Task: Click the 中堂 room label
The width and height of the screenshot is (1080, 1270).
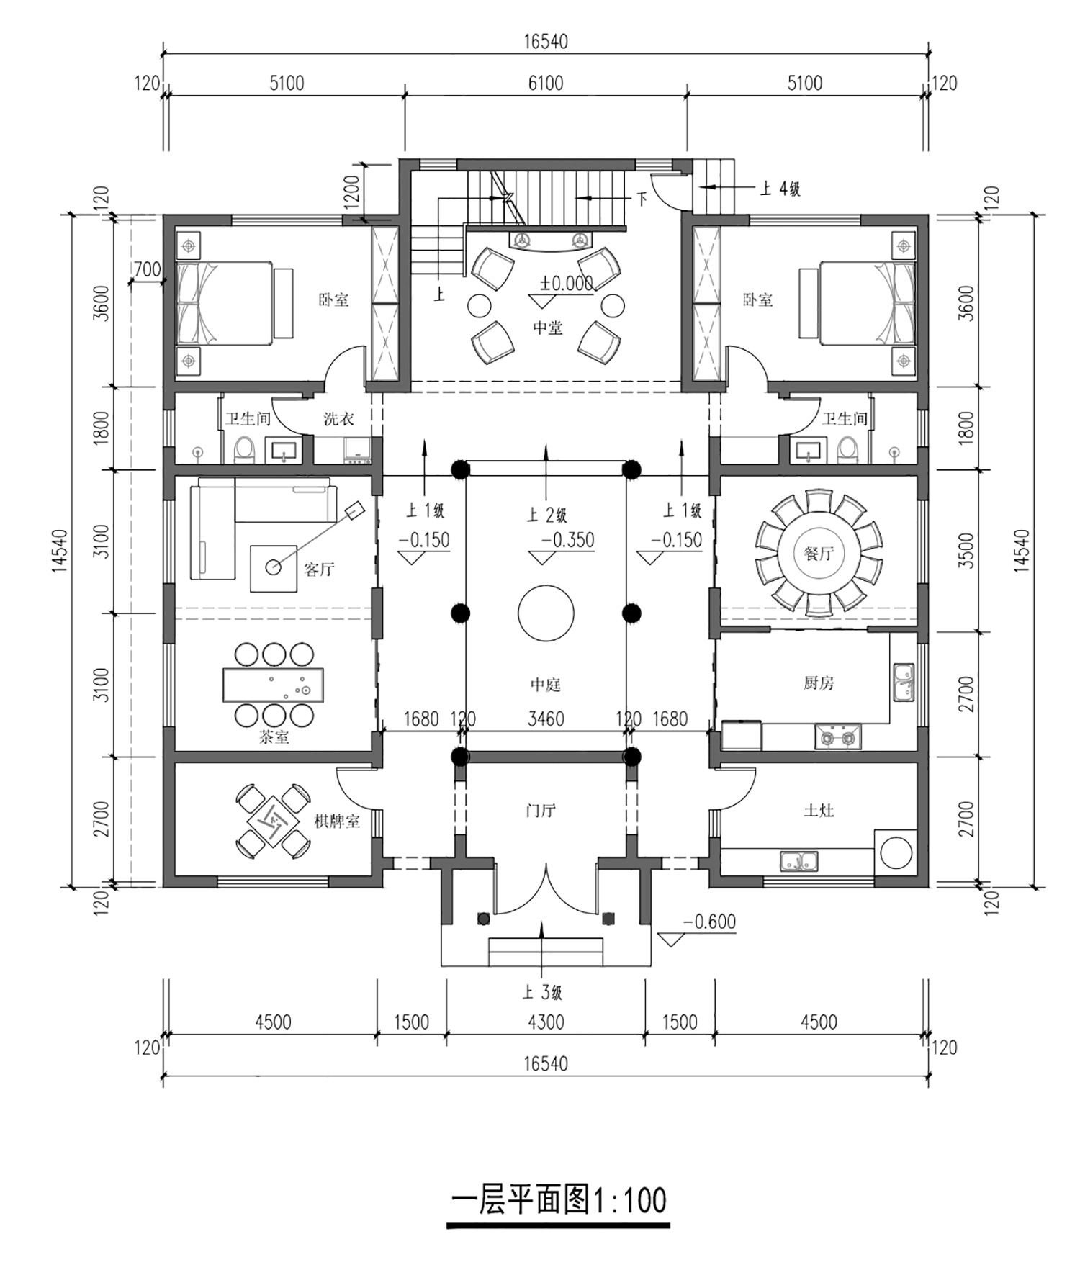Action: [547, 328]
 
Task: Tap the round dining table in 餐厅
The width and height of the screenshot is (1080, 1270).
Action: [819, 553]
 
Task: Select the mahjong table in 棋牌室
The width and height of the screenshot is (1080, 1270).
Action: [274, 820]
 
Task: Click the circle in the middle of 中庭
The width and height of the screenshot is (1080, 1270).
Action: [546, 613]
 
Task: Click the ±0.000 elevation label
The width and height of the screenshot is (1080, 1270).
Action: [567, 284]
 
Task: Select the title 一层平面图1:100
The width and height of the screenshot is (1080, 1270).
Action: [559, 1199]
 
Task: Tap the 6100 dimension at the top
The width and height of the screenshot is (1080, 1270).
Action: [546, 84]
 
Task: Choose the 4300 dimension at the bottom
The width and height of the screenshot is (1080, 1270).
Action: [546, 1022]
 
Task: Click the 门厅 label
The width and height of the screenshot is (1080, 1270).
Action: [540, 811]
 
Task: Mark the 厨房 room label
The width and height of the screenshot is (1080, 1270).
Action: [819, 683]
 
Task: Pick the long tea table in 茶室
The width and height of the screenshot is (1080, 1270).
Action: [273, 685]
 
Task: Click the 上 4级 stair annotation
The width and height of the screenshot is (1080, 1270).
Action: [780, 189]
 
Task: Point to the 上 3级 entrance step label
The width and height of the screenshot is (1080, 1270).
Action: [542, 993]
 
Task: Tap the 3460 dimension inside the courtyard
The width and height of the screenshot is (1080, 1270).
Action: [546, 719]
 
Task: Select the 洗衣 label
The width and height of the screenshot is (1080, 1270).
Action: [338, 419]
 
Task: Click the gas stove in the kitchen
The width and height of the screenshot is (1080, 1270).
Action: [838, 737]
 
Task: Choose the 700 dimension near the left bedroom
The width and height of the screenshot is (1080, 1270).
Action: [147, 270]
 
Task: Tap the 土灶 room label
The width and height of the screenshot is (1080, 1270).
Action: [819, 811]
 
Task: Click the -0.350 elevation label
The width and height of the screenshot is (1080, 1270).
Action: [568, 540]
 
